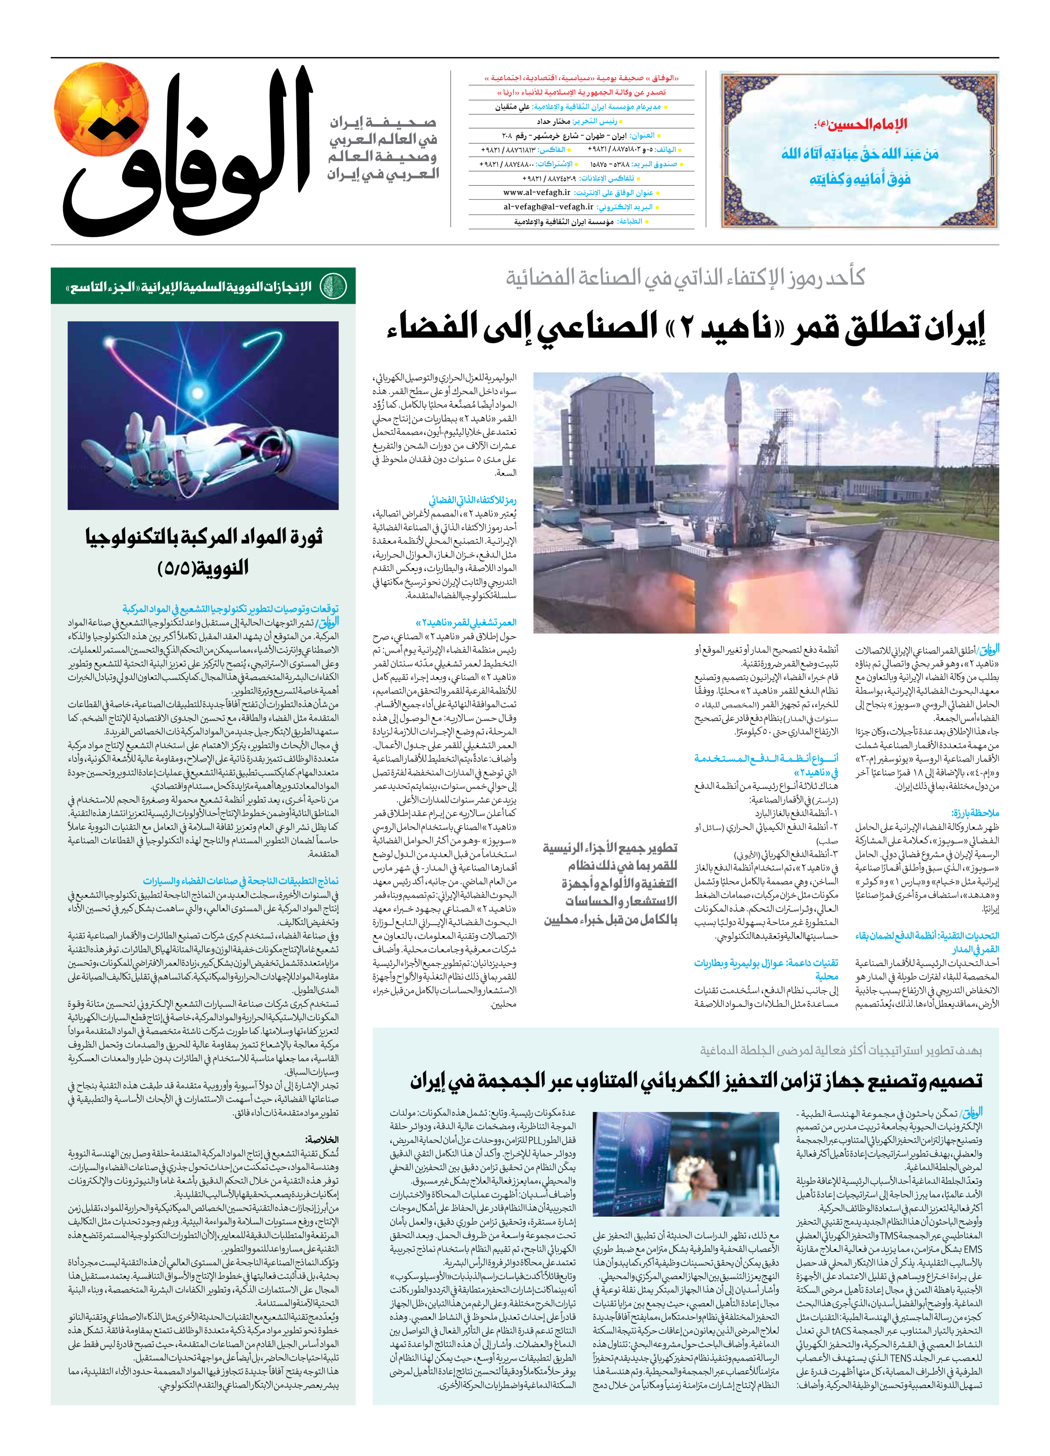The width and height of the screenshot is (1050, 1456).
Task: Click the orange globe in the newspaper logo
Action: click(101, 109)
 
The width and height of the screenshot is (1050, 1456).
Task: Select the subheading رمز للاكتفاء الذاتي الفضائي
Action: click(472, 500)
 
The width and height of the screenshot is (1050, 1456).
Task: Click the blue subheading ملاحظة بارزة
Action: click(975, 813)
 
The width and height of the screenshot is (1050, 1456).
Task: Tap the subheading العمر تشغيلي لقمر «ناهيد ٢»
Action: click(466, 622)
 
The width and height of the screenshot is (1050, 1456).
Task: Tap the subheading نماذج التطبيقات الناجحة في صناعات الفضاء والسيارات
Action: click(241, 881)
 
